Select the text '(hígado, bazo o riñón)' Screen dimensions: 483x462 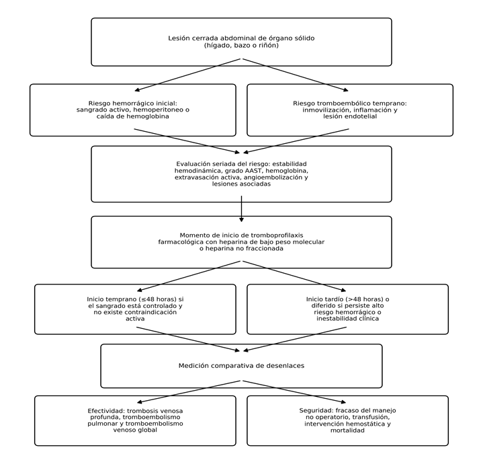[241, 45]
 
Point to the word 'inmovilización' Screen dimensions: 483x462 [324, 110]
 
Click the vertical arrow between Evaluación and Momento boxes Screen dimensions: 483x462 [242, 208]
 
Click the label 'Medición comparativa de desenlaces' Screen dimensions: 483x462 [242, 366]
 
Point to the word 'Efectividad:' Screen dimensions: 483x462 [106, 411]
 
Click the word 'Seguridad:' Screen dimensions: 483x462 [316, 410]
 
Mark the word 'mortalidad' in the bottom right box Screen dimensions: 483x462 [347, 430]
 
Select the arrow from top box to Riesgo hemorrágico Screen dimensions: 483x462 [187, 75]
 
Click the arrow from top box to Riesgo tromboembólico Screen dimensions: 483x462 [296, 75]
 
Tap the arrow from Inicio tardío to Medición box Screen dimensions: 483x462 [295, 339]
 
